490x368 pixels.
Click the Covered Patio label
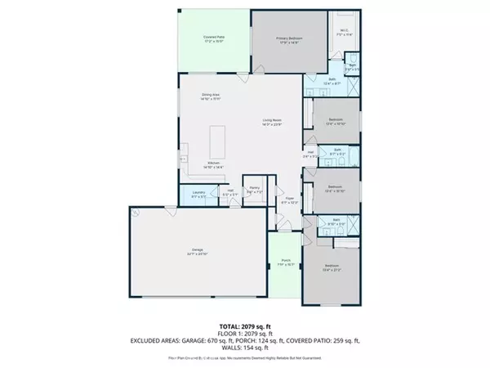coord(214,39)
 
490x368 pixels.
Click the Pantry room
coord(255,191)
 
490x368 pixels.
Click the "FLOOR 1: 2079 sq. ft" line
coord(244,332)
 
